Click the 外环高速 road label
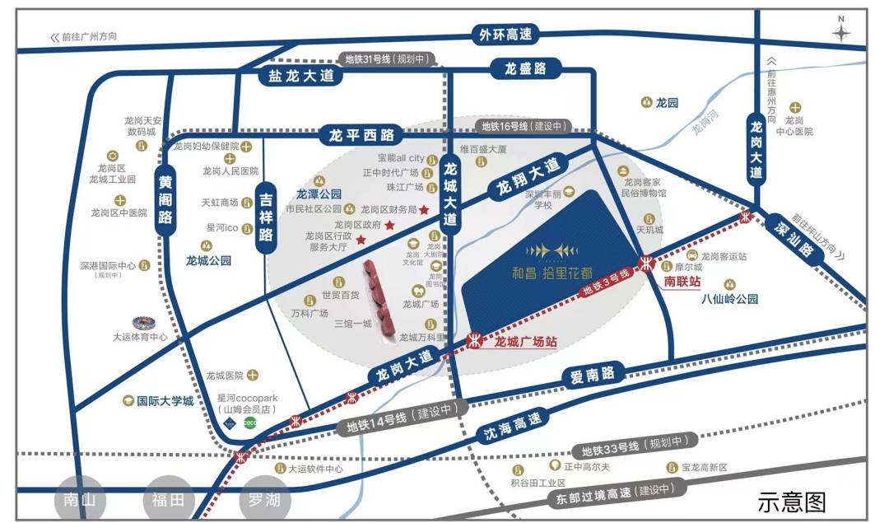[x=506, y=35]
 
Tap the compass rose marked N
[x=840, y=31]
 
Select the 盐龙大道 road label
[x=289, y=75]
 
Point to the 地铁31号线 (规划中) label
[x=385, y=59]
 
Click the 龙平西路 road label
[x=361, y=134]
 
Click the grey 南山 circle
[x=80, y=499]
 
